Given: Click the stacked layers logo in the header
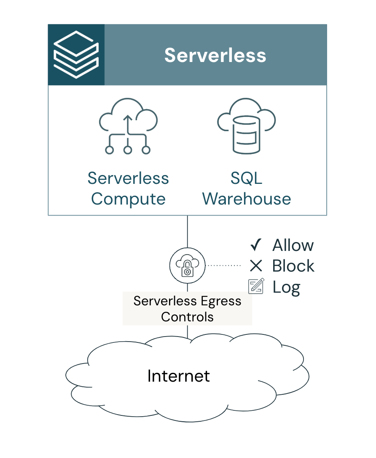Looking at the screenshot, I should [76, 55].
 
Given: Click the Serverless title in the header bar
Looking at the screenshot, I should [215, 55].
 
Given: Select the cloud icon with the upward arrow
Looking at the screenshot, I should [128, 127].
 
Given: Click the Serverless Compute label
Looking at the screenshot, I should [128, 189].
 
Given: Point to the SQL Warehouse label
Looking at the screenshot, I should [247, 189].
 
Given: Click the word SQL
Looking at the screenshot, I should [246, 178].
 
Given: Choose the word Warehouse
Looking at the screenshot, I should [247, 199].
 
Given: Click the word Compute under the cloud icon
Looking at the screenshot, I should [128, 199].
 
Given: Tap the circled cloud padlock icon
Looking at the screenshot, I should [187, 266].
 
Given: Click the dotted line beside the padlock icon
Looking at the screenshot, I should [223, 266].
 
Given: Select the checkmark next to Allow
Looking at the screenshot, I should [256, 245].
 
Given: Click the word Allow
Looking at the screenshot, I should [293, 245].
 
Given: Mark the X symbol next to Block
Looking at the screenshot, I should [256, 266].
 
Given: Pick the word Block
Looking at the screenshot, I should [293, 266].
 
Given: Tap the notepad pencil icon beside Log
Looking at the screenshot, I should [256, 286].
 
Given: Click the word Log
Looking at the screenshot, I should [286, 287].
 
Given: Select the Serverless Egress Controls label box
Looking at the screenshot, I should [187, 309].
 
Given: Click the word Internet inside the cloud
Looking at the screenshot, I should [178, 375].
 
